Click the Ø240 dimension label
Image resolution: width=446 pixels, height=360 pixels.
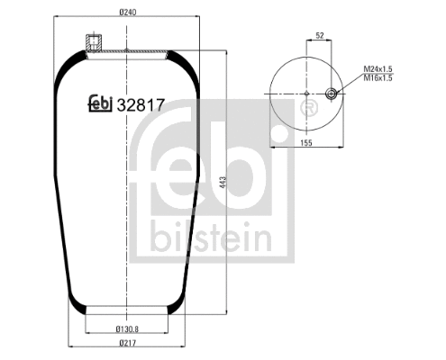pyautogui.click(x=126, y=13)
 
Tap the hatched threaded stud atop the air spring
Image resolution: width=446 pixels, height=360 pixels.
pyautogui.click(x=91, y=41)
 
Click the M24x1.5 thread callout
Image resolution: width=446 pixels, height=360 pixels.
pyautogui.click(x=380, y=68)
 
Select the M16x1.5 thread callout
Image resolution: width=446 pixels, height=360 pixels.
pyautogui.click(x=380, y=78)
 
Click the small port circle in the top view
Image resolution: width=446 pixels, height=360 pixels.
pyautogui.click(x=332, y=93)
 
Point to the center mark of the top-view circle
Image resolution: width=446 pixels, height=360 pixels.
pyautogui.click(x=306, y=93)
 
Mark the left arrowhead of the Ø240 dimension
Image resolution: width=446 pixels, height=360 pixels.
pyautogui.click(x=55, y=22)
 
